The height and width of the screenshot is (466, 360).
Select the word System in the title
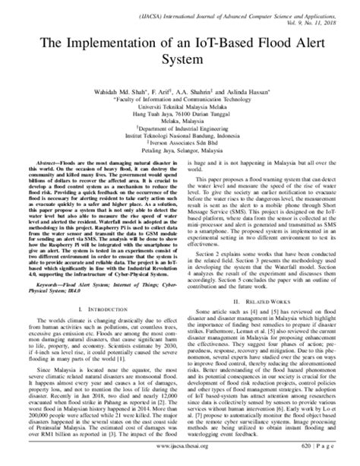coord(180,63)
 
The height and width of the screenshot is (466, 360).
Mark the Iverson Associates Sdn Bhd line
coord(180,148)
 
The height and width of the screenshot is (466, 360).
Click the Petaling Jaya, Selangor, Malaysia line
coord(180,157)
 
